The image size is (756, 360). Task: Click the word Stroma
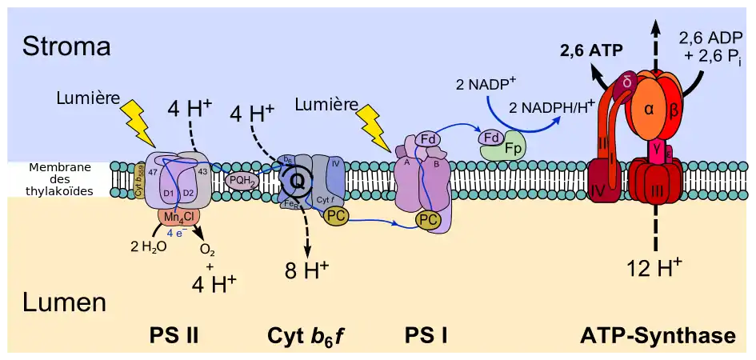(66, 46)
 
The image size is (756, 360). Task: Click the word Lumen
(65, 302)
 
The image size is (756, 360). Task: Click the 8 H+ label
(307, 270)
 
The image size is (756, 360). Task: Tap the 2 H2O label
(148, 246)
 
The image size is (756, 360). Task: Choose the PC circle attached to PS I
(429, 219)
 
